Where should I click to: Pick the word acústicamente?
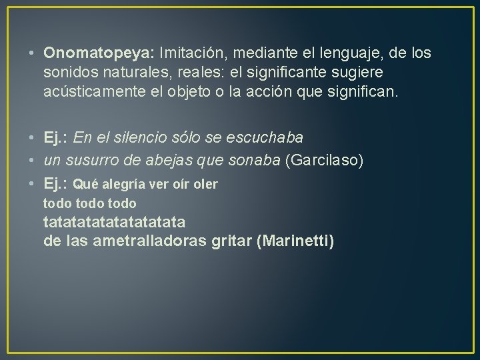(93, 90)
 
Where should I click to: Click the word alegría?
(123, 183)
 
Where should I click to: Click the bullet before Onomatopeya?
(33, 53)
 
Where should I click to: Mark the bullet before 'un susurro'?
(33, 160)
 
